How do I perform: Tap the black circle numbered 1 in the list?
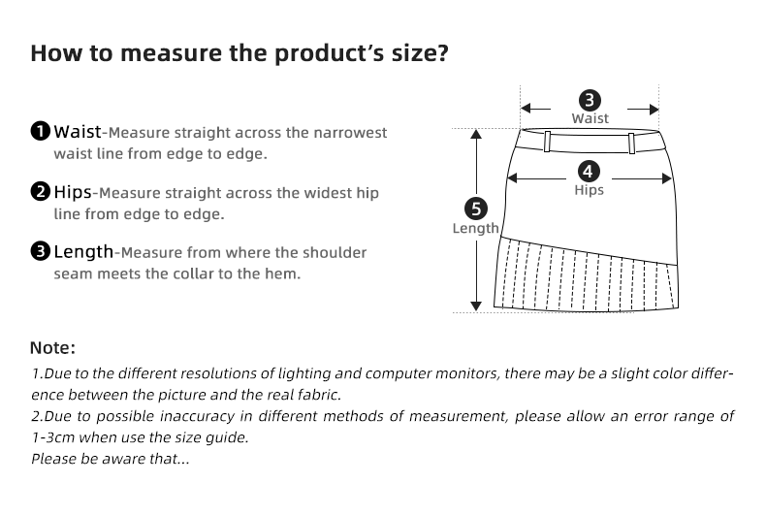pyautogui.click(x=41, y=131)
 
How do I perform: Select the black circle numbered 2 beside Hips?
pyautogui.click(x=41, y=191)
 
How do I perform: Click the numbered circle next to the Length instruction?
pyautogui.click(x=41, y=252)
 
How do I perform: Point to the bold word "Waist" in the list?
pyautogui.click(x=77, y=131)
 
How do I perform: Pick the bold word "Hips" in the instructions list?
pyautogui.click(x=73, y=191)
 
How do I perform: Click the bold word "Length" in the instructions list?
pyautogui.click(x=83, y=252)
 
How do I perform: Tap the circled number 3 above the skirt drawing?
pyautogui.click(x=590, y=100)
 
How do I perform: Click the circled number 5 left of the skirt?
pyautogui.click(x=475, y=209)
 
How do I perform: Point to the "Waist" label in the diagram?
pyautogui.click(x=590, y=118)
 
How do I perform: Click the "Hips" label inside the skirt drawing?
pyautogui.click(x=590, y=190)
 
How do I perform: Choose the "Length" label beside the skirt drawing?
pyautogui.click(x=475, y=229)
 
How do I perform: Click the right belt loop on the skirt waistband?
pyautogui.click(x=632, y=141)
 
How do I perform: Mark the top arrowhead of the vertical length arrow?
pyautogui.click(x=475, y=135)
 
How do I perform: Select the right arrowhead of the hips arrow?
pyautogui.click(x=666, y=178)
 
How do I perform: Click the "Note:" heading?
pyautogui.click(x=52, y=347)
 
